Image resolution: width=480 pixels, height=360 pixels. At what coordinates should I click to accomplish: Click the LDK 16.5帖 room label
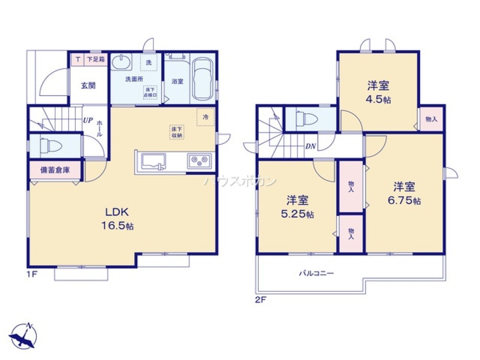point(117,219)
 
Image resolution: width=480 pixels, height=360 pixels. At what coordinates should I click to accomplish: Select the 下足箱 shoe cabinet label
point(96,60)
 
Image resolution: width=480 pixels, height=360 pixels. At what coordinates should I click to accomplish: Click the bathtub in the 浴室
point(203,80)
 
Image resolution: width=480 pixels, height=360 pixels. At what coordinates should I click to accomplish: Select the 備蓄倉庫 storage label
point(54,170)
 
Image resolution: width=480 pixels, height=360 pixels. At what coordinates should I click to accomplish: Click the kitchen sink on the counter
point(153,161)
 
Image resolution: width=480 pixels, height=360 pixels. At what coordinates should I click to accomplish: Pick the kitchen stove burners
point(199,160)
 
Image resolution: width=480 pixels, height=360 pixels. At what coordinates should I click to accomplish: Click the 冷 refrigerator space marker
point(205,117)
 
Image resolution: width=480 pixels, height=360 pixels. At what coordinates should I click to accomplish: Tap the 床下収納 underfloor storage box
point(177,132)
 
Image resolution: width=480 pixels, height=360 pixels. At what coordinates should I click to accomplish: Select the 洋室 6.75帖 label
point(404,193)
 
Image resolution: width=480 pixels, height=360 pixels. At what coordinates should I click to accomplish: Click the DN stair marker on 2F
point(311,147)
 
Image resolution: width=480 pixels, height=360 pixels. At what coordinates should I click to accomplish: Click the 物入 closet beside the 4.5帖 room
point(431,119)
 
